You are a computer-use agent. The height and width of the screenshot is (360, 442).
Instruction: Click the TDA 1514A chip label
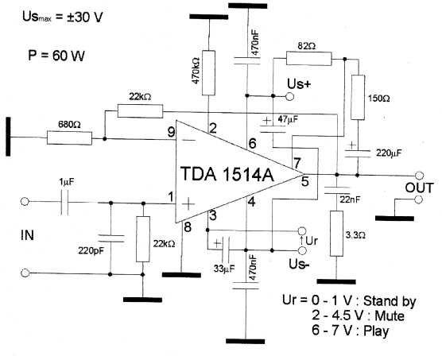point(227,174)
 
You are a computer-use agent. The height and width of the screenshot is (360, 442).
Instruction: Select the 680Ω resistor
point(69,137)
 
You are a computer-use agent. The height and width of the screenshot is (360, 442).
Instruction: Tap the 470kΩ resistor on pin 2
point(208,73)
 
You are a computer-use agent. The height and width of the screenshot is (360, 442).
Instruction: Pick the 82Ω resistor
point(309,58)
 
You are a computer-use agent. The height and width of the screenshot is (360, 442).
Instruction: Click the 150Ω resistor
point(358,98)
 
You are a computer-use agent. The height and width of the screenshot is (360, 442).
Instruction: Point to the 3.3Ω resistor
point(336,234)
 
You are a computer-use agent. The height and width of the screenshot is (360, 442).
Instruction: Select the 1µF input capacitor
point(64,202)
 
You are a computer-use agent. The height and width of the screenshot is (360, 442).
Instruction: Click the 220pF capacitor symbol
point(111,238)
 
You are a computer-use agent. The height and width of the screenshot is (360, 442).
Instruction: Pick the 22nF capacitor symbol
point(336,190)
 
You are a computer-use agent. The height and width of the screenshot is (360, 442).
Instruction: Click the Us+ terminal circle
point(290,97)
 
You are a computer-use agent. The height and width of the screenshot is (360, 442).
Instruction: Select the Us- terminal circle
point(302,250)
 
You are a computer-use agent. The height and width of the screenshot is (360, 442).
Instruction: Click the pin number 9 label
point(171,132)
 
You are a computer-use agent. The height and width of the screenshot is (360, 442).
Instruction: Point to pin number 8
point(188,226)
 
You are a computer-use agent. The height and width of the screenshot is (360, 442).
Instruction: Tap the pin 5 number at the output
point(305,182)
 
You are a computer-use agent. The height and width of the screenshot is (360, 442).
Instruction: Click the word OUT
point(419,188)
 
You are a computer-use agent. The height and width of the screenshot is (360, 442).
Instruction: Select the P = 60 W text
point(56,55)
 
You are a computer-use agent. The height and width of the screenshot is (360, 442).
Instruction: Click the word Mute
point(390,315)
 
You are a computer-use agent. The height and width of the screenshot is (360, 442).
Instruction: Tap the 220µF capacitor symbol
point(358,154)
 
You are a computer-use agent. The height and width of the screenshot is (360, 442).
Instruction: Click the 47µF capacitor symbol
point(273,129)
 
